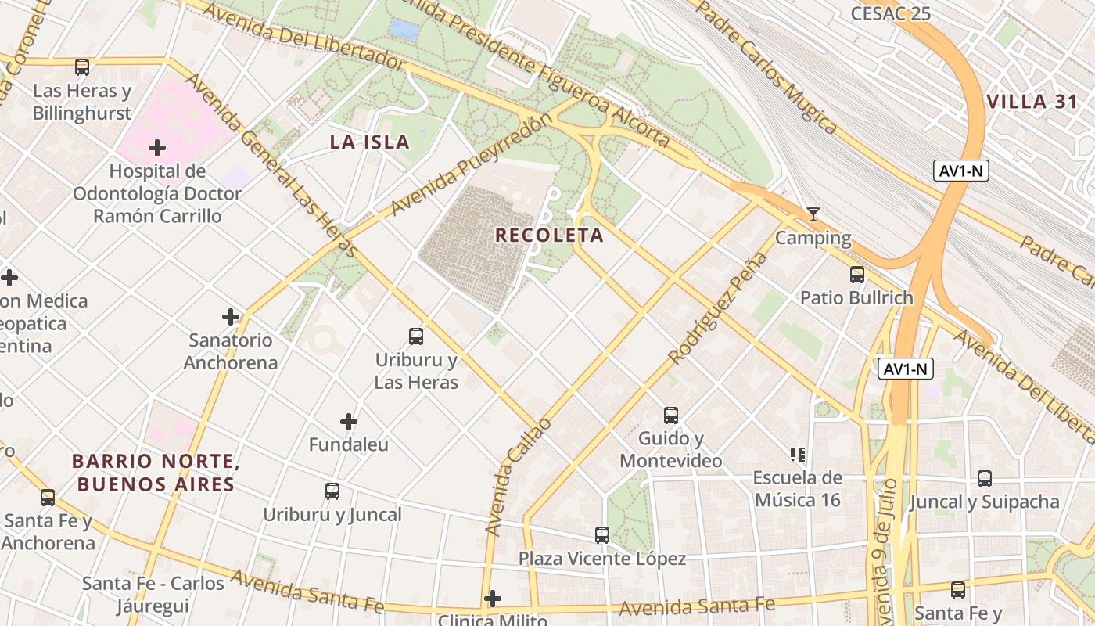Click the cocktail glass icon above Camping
point(813,214)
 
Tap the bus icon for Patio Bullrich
point(857,275)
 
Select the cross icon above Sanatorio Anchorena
point(231,317)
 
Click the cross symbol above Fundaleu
point(349,422)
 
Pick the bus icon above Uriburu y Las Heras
point(416,336)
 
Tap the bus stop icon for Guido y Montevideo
point(671,416)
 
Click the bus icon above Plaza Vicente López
point(602,535)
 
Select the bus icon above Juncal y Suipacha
point(985,478)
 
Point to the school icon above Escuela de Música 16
point(798,454)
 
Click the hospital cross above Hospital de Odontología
point(157,147)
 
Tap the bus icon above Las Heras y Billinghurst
point(82,67)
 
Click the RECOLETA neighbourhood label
point(550,235)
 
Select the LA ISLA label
point(369,142)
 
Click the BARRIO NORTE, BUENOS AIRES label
point(155,473)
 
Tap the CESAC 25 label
point(890,13)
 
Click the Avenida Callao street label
point(519,477)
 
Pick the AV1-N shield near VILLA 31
point(961,171)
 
